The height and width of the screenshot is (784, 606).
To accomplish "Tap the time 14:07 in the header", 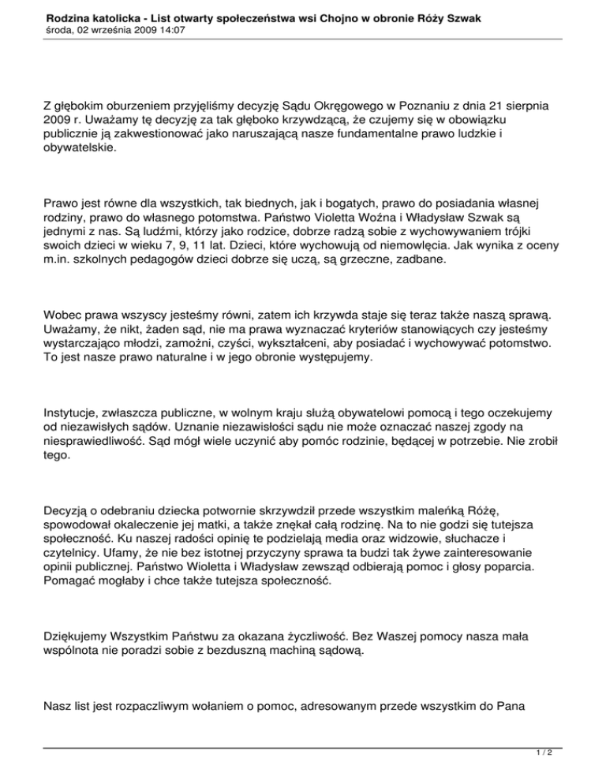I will (x=170, y=29).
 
